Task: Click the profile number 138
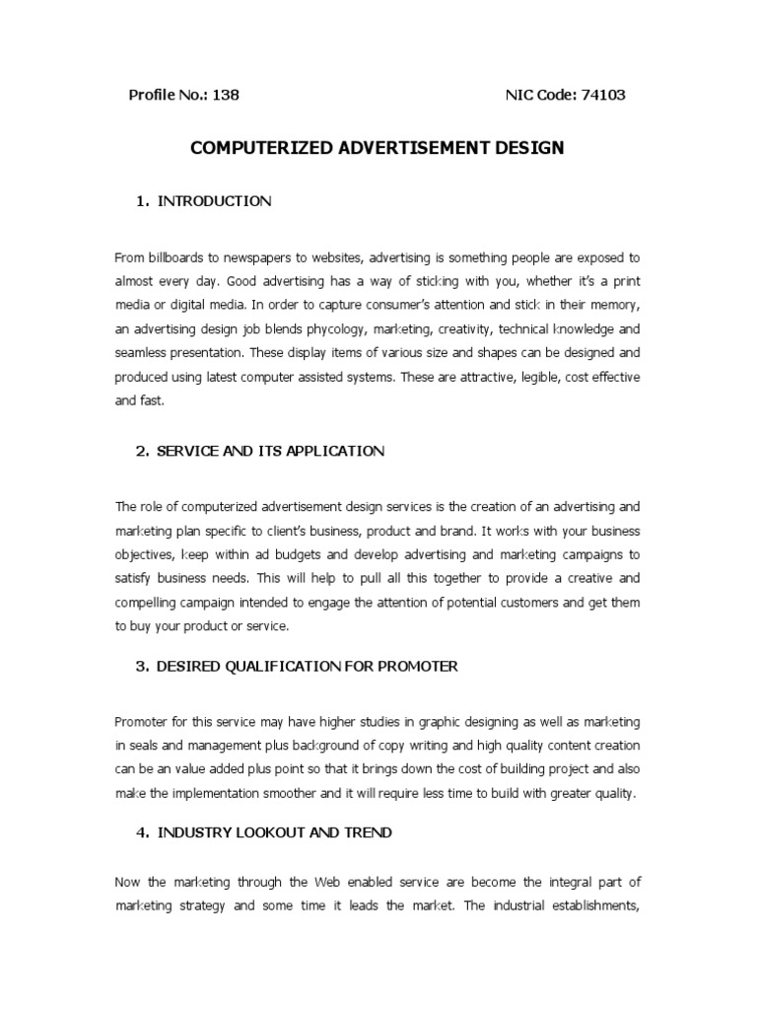pyautogui.click(x=225, y=96)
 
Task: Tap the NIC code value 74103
pyautogui.click(x=599, y=96)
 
